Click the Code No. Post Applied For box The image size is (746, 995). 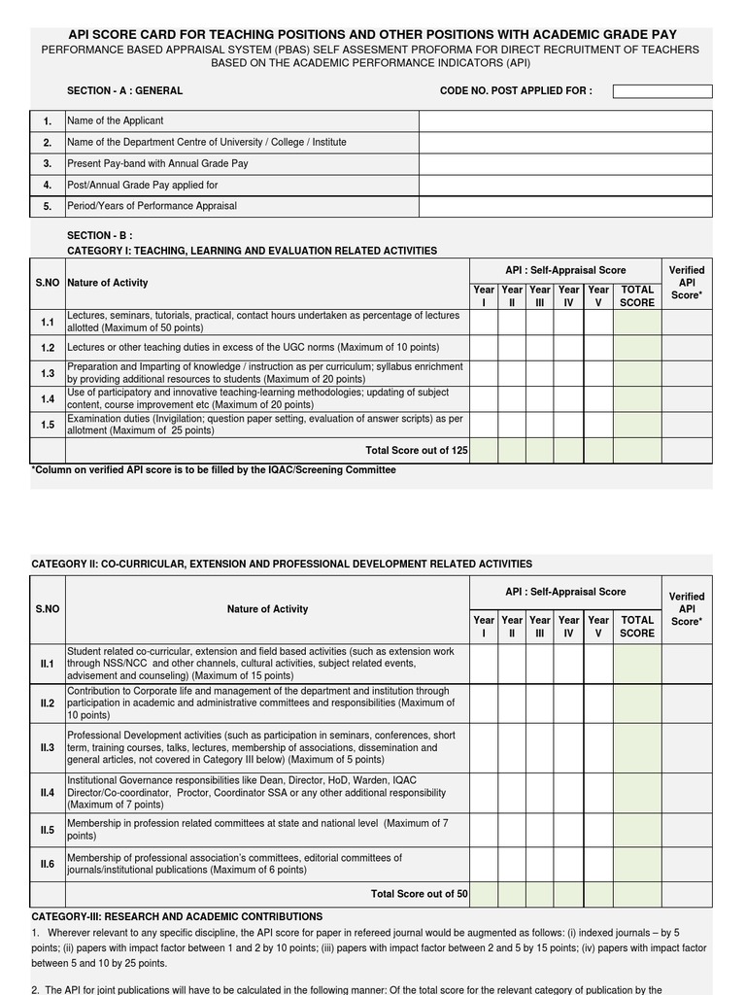662,91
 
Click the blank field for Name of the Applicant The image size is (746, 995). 565,121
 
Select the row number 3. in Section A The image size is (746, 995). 47,164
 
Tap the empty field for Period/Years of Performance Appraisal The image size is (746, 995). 565,206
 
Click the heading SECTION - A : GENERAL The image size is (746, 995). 124,91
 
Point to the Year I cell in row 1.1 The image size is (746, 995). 484,323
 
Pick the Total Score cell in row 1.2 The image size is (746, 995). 637,348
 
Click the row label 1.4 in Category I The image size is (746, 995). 48,399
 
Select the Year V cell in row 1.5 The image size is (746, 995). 598,425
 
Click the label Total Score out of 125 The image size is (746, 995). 416,451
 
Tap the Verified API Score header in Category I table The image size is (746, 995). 687,283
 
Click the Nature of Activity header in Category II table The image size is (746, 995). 267,609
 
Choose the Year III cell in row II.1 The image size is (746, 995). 540,664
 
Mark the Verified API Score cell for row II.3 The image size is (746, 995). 687,748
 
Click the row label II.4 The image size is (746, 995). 48,793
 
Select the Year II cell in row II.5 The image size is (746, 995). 512,831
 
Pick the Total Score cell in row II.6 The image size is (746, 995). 637,864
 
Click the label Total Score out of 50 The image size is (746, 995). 419,894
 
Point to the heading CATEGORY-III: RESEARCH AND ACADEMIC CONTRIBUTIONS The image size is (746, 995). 177,916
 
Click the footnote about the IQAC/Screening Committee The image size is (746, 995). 214,470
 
